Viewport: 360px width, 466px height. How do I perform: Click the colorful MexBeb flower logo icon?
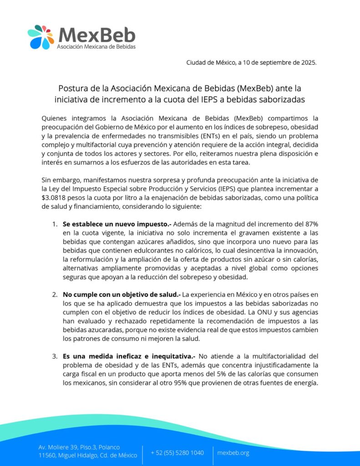[x=41, y=37]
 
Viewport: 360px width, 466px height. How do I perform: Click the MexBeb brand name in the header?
[x=97, y=34]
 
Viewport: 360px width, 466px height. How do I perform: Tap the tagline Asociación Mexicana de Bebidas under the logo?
[x=96, y=46]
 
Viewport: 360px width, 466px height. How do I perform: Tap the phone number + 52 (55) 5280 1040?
[x=177, y=452]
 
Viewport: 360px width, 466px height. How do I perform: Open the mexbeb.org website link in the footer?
[x=233, y=452]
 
